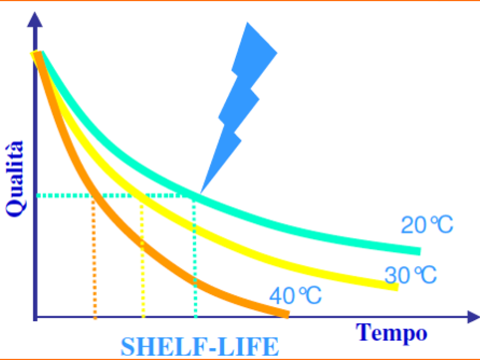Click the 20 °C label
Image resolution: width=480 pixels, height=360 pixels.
pyautogui.click(x=427, y=225)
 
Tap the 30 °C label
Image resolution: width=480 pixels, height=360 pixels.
pyautogui.click(x=411, y=275)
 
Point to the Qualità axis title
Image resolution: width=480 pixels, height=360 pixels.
pyautogui.click(x=15, y=179)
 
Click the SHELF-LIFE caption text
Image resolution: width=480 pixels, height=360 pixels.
pyautogui.click(x=200, y=347)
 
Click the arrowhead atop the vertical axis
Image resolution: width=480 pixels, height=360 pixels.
pyautogui.click(x=35, y=19)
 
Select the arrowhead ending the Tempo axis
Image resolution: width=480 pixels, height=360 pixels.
pyautogui.click(x=473, y=317)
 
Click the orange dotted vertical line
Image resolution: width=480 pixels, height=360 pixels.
pyautogui.click(x=94, y=259)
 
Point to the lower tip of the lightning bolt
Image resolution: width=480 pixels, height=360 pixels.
pyautogui.click(x=200, y=193)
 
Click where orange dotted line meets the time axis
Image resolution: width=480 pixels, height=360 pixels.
pyautogui.click(x=95, y=317)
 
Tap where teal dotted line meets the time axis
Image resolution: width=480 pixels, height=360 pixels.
pyautogui.click(x=195, y=316)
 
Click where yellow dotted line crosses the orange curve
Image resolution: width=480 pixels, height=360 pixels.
pyautogui.click(x=142, y=243)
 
